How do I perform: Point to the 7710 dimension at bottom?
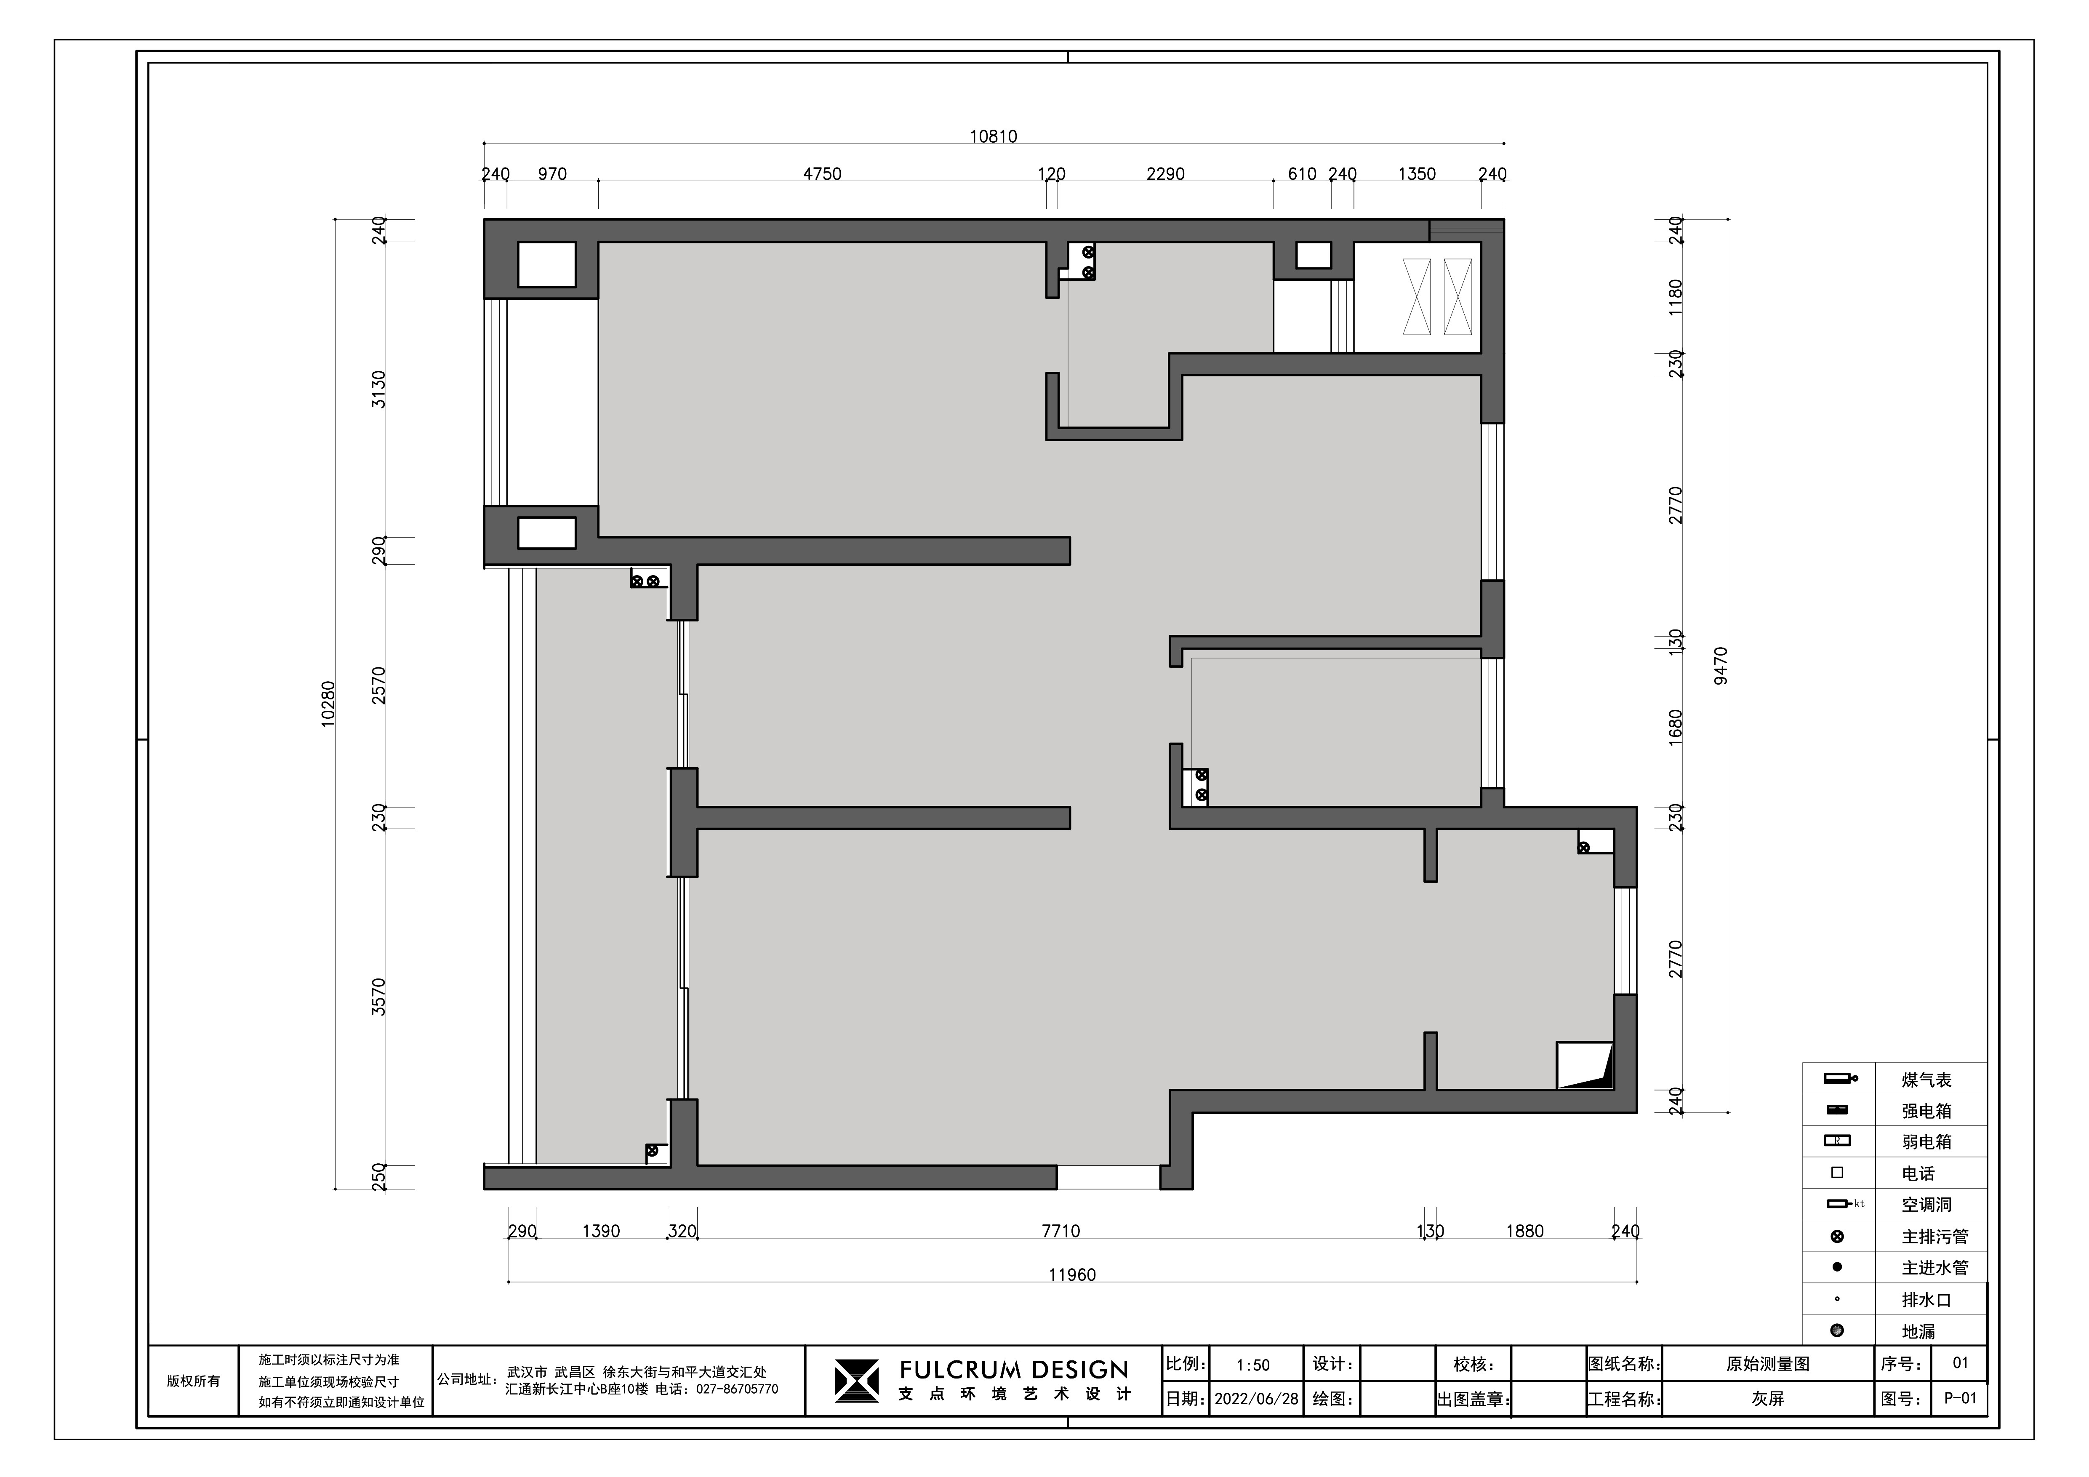click(1061, 1231)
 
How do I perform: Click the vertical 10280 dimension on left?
click(328, 704)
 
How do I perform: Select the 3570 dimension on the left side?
click(379, 997)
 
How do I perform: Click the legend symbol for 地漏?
click(1837, 1330)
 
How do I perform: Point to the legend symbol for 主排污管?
click(1837, 1237)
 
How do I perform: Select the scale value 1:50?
click(1253, 1365)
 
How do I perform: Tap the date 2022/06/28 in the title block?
click(1257, 1399)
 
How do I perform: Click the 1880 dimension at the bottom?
click(1525, 1231)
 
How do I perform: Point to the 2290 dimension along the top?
click(1165, 174)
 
